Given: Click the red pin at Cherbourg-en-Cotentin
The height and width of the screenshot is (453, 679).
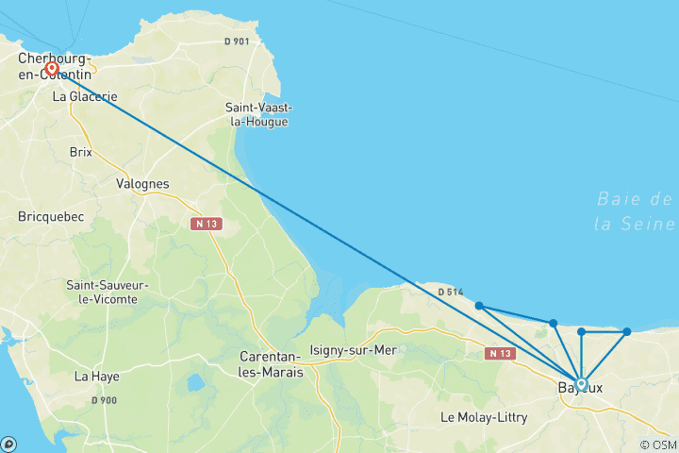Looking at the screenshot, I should (x=52, y=68).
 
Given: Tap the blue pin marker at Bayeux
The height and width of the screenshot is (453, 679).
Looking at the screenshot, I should (x=581, y=383).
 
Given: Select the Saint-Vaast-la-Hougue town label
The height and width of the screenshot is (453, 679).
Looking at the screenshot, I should (x=257, y=114).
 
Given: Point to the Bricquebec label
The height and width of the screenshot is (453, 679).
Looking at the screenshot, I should (x=51, y=217).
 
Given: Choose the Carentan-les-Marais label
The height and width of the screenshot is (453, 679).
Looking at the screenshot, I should (x=271, y=364).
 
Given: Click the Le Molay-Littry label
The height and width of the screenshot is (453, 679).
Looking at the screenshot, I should (x=487, y=416).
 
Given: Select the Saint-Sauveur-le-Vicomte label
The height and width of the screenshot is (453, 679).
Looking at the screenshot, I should (x=102, y=292).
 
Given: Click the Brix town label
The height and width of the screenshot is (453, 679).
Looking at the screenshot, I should (x=81, y=152).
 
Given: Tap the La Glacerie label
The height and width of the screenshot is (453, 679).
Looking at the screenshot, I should (x=85, y=96).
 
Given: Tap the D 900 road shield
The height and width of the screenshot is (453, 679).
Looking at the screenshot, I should (x=105, y=401).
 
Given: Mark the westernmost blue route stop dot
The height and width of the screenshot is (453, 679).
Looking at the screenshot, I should (x=479, y=305).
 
